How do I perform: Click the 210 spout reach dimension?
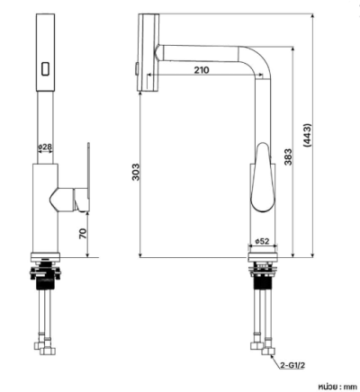[202, 70]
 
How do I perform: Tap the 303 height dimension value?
[136, 172]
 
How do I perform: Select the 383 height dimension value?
[288, 157]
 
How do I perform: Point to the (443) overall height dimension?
[308, 135]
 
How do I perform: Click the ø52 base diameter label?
[262, 241]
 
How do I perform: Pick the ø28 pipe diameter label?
[45, 147]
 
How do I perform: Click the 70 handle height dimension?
[83, 234]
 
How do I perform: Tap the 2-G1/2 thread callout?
[292, 365]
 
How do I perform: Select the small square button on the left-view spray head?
[46, 68]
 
